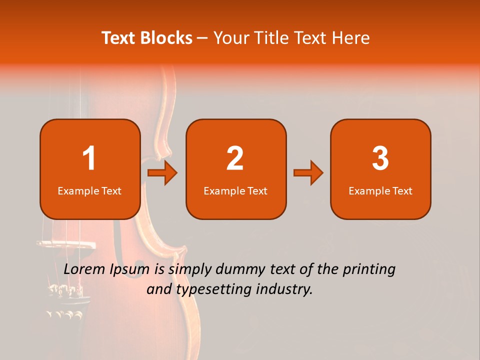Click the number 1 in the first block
pos(89,158)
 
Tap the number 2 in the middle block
pos(235,158)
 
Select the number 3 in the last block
pos(380,158)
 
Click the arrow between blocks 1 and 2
pos(163,173)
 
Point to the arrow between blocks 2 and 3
pos(308,173)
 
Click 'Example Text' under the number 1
pos(89,191)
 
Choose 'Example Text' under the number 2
pos(235,191)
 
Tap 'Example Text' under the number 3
pos(380,191)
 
